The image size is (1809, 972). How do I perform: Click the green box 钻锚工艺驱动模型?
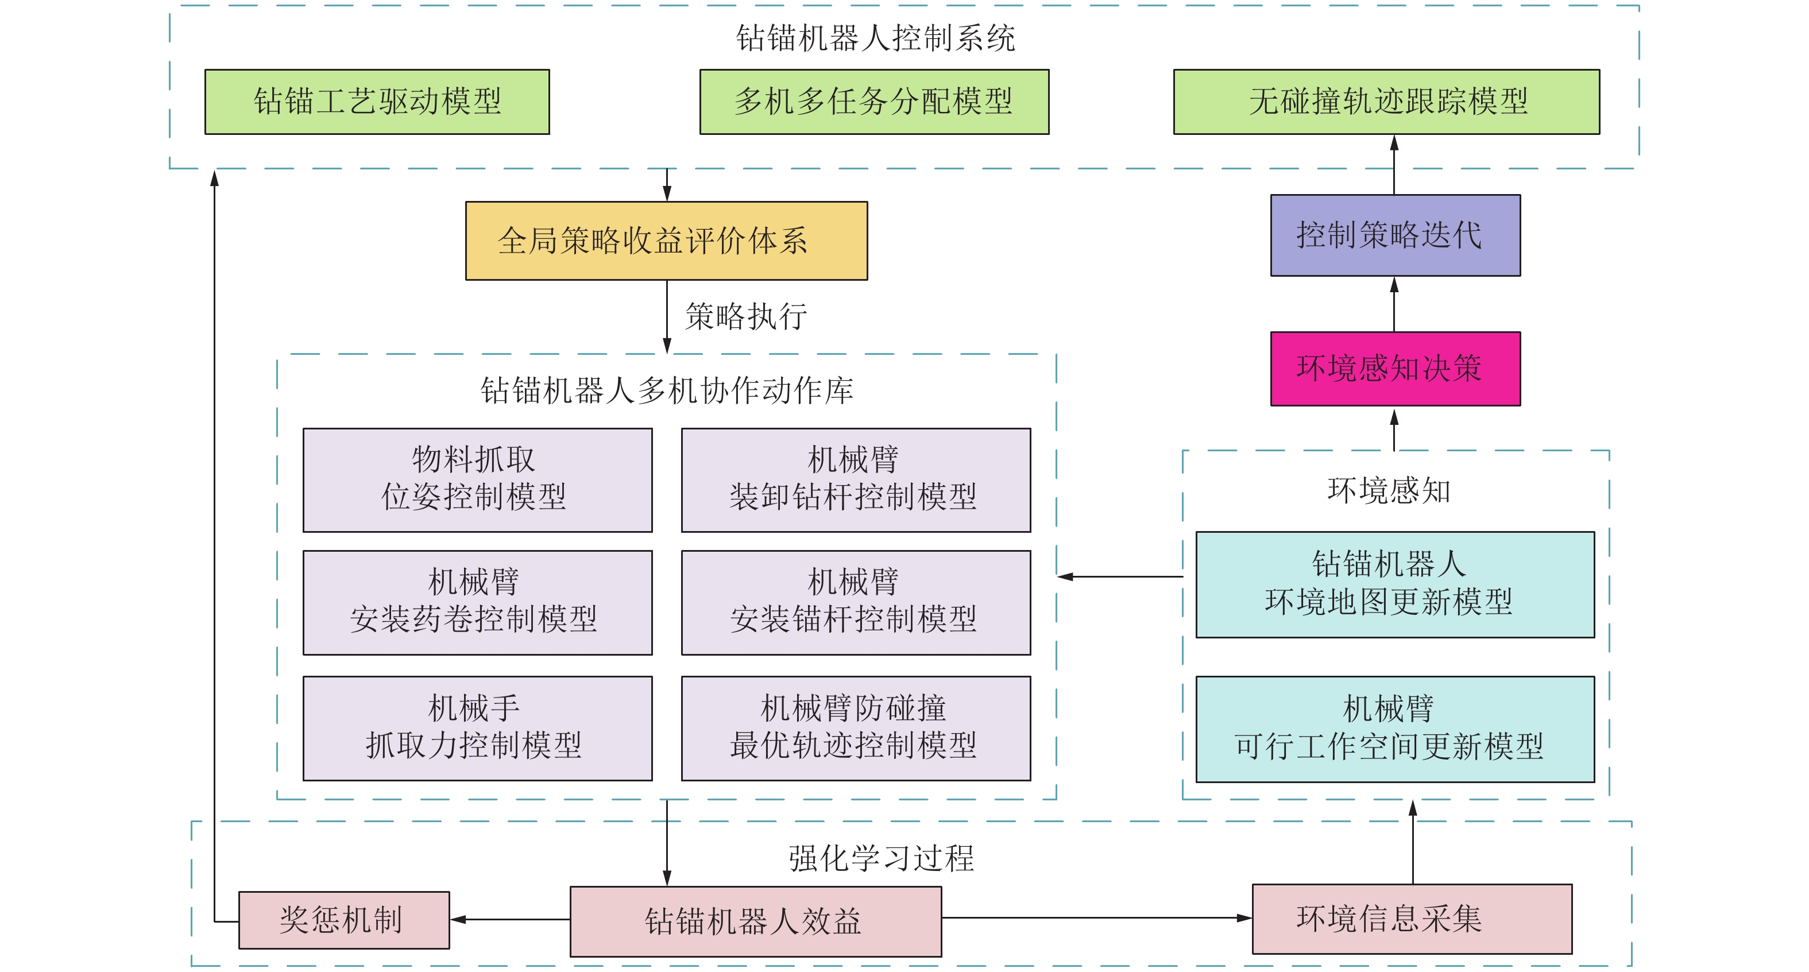(x=377, y=102)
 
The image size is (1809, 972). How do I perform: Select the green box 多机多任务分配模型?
(x=874, y=102)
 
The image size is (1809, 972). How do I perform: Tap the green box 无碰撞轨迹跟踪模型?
(x=1386, y=102)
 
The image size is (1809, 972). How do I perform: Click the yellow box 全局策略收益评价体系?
(x=666, y=241)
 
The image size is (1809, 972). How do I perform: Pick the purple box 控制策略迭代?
(x=1396, y=235)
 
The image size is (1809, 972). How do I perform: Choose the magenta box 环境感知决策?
(x=1396, y=369)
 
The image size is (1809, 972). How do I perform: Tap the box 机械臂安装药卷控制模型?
(x=478, y=603)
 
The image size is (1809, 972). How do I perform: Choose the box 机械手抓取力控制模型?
(x=478, y=729)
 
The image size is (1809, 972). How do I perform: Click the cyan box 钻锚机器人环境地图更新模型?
(x=1396, y=584)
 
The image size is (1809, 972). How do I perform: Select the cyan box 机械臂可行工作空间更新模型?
(x=1396, y=729)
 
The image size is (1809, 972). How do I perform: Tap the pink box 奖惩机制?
(x=344, y=920)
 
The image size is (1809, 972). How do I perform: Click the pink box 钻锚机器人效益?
(x=756, y=921)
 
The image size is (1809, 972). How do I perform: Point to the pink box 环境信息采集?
(x=1412, y=919)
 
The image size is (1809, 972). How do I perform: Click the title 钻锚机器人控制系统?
(x=875, y=38)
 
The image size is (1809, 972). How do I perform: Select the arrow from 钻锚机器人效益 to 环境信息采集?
(x=1096, y=917)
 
